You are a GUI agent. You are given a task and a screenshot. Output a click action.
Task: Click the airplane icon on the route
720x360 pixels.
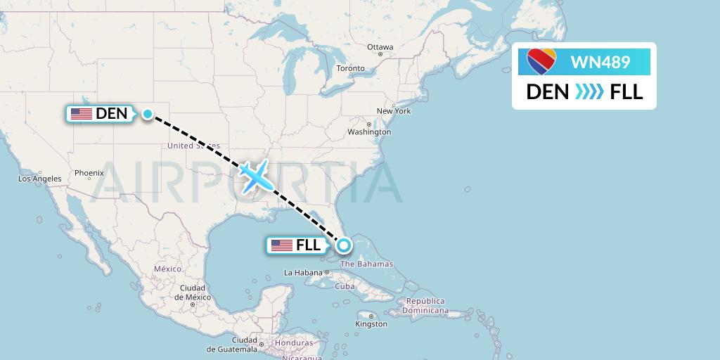[x=255, y=176]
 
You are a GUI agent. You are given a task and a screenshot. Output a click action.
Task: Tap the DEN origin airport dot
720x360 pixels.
[x=148, y=114]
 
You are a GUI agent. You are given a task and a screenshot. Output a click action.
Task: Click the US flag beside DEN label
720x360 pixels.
[x=82, y=113]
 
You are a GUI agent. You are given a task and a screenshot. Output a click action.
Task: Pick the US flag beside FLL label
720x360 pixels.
[x=282, y=245]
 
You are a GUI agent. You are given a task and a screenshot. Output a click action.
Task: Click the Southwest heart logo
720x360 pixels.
[x=541, y=62]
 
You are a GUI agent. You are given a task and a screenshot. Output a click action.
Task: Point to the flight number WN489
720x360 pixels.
[x=600, y=62]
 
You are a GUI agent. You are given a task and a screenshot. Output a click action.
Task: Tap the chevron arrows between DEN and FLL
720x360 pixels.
[x=589, y=91]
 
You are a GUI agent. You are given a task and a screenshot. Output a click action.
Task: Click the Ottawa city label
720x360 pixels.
[x=380, y=47]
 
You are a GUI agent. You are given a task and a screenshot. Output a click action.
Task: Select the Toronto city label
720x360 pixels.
[x=350, y=68]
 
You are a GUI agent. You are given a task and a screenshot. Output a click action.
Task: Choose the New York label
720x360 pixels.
[x=393, y=111]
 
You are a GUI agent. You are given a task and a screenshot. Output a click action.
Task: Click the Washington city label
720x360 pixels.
[x=369, y=131]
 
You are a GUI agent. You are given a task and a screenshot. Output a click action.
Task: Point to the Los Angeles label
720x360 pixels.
[x=40, y=179]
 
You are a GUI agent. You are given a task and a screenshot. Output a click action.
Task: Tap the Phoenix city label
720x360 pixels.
[x=89, y=172]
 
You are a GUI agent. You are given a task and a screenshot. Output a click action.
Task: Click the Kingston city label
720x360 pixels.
[x=371, y=324]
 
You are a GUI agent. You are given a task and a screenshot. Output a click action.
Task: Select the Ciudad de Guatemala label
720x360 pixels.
[x=226, y=348]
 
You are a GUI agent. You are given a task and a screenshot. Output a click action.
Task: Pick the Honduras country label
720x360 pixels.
[x=294, y=342]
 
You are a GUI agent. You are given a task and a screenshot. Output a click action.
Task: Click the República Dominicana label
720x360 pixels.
[x=424, y=305]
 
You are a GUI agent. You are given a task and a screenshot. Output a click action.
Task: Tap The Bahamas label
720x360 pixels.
[x=366, y=264]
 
